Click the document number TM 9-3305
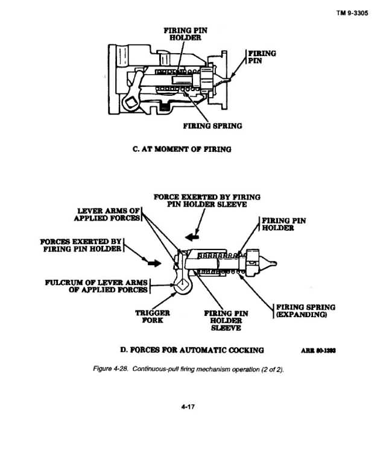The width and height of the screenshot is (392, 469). [352, 13]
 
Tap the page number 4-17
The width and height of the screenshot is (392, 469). [188, 406]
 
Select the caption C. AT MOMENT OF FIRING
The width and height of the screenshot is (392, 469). [182, 149]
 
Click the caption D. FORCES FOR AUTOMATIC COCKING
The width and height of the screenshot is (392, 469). [192, 350]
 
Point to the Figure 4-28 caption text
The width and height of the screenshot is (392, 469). [189, 369]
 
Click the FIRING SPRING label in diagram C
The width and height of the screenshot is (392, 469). [212, 126]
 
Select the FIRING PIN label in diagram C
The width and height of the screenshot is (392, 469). [262, 57]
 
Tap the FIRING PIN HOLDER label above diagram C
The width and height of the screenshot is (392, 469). [186, 34]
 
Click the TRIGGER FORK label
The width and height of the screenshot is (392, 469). [153, 316]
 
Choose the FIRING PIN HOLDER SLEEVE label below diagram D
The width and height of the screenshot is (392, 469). [226, 320]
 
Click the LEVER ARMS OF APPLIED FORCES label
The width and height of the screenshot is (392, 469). [107, 215]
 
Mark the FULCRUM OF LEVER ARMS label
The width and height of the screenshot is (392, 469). [96, 286]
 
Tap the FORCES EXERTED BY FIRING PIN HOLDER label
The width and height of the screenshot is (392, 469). [81, 245]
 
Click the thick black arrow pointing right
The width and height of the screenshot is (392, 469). [154, 263]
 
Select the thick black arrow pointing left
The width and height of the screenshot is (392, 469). [192, 237]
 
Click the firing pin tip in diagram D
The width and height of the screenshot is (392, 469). [274, 263]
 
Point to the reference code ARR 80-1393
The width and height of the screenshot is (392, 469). [318, 351]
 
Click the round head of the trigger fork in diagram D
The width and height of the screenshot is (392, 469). [183, 285]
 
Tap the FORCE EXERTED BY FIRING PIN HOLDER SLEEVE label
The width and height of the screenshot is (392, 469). [207, 201]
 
